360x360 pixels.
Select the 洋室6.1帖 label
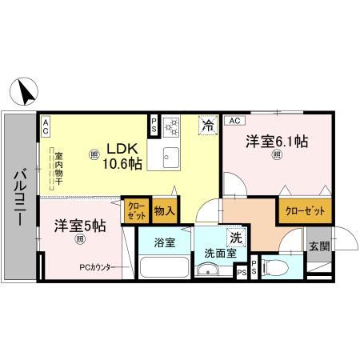point(276,142)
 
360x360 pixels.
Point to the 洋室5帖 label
point(80,226)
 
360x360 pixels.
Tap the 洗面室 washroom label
point(218,253)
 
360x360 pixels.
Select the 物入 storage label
point(165,211)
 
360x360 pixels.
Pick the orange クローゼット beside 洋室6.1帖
point(303,211)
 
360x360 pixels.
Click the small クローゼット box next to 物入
point(135,210)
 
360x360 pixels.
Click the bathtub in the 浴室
point(163,267)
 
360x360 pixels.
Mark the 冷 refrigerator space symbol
point(207,125)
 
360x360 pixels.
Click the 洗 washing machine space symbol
point(236,238)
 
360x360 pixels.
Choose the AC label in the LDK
point(46,125)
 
